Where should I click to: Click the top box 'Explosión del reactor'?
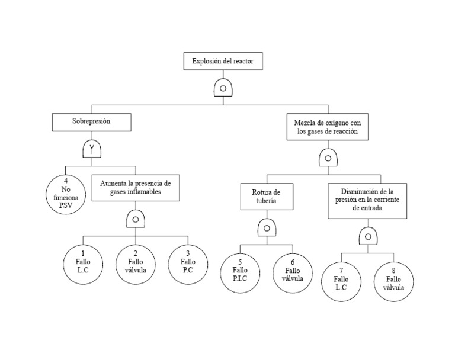point(223,62)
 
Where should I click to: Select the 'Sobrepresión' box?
point(91,121)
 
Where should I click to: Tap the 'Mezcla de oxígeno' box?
point(328,127)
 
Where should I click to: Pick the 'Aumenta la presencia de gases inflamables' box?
point(135,188)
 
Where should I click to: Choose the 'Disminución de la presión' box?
point(367,200)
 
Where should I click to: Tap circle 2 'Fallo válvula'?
point(136,262)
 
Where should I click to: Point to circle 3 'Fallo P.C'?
point(188,262)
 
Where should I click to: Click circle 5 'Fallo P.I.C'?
point(240,271)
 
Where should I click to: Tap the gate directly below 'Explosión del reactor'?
point(223,88)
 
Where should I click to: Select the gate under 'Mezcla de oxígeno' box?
point(328,158)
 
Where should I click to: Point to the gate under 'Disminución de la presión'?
point(368,236)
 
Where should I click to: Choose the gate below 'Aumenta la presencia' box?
point(135,219)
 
